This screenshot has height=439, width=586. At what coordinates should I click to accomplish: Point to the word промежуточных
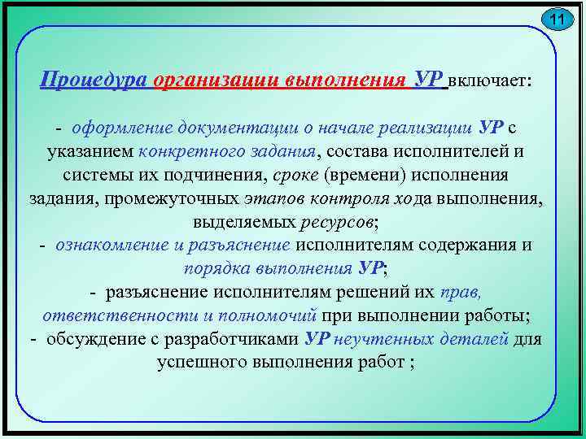(x=188, y=199)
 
